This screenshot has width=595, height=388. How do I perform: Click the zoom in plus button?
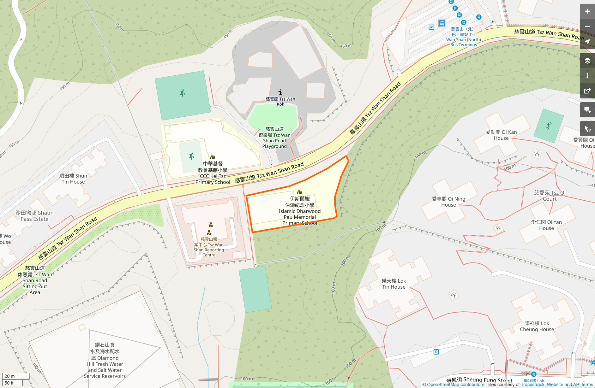click(x=587, y=11)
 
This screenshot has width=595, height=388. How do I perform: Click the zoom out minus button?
click(x=587, y=26)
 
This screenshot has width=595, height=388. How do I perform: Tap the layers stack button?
click(x=587, y=61)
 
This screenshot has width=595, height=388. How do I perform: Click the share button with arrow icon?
click(x=587, y=91)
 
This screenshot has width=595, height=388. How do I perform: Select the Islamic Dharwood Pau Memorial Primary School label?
click(x=299, y=211)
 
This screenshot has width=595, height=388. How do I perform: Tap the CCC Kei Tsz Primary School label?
click(x=213, y=173)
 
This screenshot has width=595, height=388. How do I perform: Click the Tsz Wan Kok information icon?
click(x=280, y=92)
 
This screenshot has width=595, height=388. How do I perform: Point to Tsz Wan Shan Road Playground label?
click(x=274, y=138)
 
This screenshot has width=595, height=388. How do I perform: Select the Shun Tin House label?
click(x=73, y=179)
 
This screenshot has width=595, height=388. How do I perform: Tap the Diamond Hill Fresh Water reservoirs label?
click(x=105, y=361)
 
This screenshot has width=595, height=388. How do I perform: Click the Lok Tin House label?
click(x=394, y=284)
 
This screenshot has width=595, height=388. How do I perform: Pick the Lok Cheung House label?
click(x=537, y=326)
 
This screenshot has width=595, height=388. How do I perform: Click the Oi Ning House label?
click(x=448, y=202)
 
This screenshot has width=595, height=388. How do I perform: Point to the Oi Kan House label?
click(x=501, y=135)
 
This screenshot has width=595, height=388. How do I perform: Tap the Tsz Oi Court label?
click(x=550, y=196)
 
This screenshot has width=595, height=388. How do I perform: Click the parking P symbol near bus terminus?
click(x=431, y=27)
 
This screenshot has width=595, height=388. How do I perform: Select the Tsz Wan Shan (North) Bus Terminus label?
click(x=463, y=37)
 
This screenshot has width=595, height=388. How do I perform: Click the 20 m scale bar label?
click(x=9, y=376)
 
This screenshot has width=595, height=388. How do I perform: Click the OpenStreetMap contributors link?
click(x=455, y=385)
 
